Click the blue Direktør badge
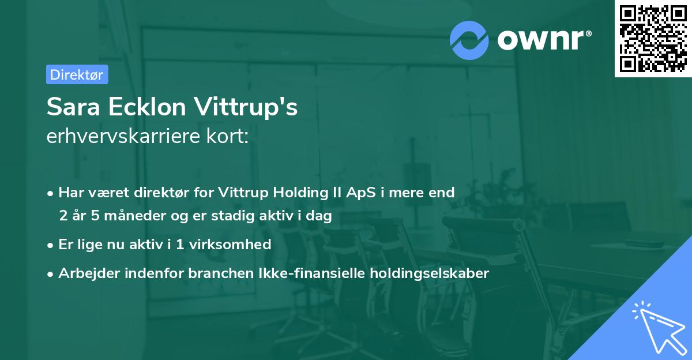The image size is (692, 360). pyautogui.click(x=77, y=74)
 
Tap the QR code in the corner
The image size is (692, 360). pyautogui.click(x=653, y=39)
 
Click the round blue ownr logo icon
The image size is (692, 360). pyautogui.click(x=469, y=40)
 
